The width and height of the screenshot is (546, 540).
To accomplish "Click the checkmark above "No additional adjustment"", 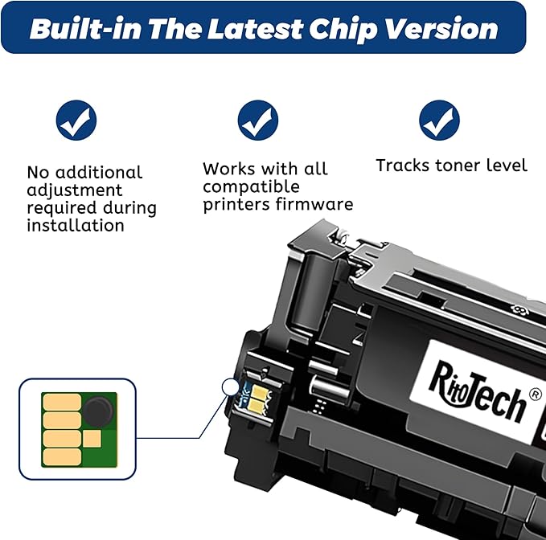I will tap(76, 121).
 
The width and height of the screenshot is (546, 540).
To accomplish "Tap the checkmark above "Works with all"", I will tap(258, 121).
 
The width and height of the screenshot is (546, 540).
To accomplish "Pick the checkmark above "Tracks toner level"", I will tap(439, 121).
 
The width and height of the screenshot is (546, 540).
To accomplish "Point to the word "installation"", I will tap(76, 226).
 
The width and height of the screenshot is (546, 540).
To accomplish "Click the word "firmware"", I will tap(314, 204).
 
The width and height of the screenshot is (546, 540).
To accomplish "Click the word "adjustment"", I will tap(75, 190).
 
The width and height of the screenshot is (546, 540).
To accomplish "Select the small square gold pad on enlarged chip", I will tap(92, 438).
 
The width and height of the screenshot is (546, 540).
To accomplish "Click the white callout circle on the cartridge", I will tap(232, 388).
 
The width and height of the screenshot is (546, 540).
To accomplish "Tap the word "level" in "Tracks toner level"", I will tap(507, 166).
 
